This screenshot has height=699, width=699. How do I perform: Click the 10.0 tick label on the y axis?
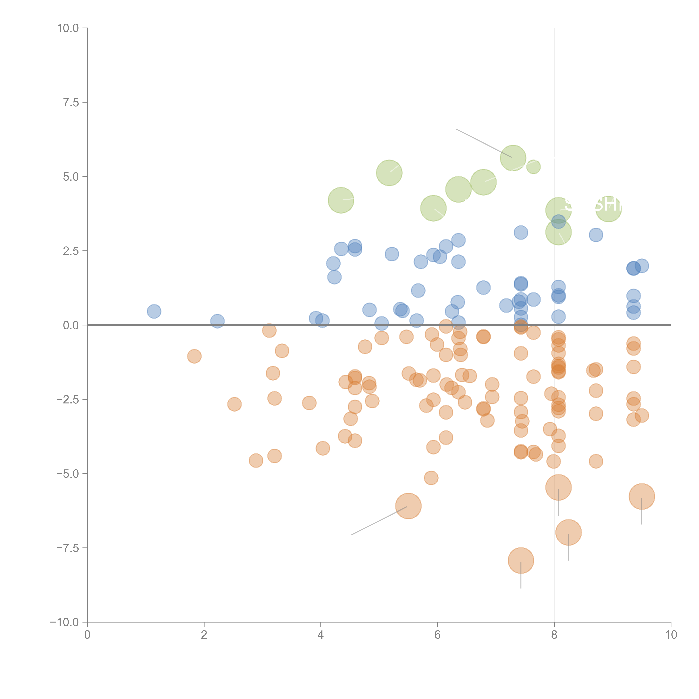[68, 28]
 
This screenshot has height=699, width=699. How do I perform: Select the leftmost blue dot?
[154, 311]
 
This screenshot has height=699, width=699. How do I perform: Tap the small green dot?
[533, 167]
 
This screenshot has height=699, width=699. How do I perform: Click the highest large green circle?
[513, 158]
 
